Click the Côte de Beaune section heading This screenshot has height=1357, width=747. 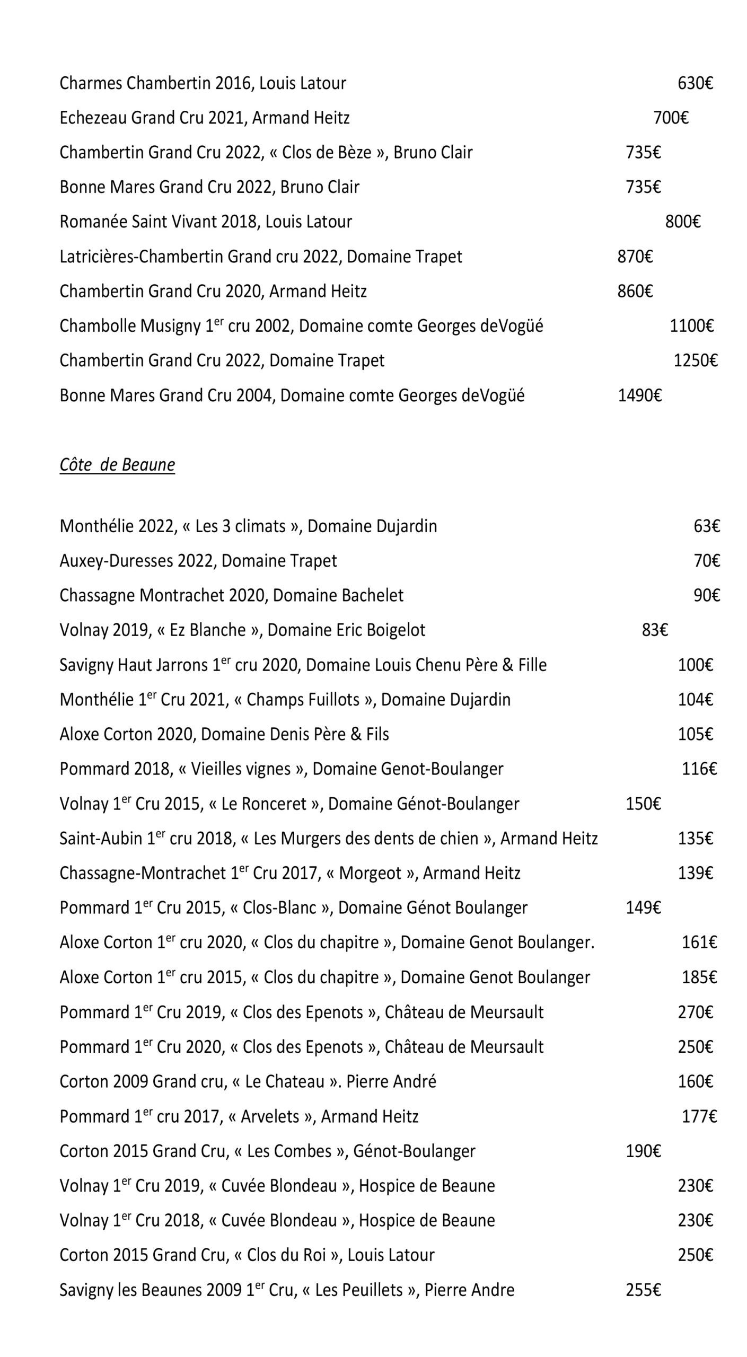point(117,465)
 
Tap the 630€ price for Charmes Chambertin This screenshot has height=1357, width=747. point(695,83)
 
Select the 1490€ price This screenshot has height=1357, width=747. point(640,395)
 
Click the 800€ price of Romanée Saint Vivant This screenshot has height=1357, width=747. point(683,222)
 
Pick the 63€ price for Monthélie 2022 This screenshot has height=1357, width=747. point(707,526)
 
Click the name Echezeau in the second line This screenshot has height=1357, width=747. point(93,118)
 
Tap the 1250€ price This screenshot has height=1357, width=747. point(695,360)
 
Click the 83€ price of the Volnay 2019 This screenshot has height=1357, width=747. point(655,630)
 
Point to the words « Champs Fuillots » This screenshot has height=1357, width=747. point(303,700)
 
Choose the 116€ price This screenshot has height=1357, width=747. point(699,769)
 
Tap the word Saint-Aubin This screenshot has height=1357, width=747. point(101,838)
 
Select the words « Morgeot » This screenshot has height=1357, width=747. point(370,873)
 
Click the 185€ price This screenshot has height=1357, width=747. point(699,977)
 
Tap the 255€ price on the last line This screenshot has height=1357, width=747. point(643,1290)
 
